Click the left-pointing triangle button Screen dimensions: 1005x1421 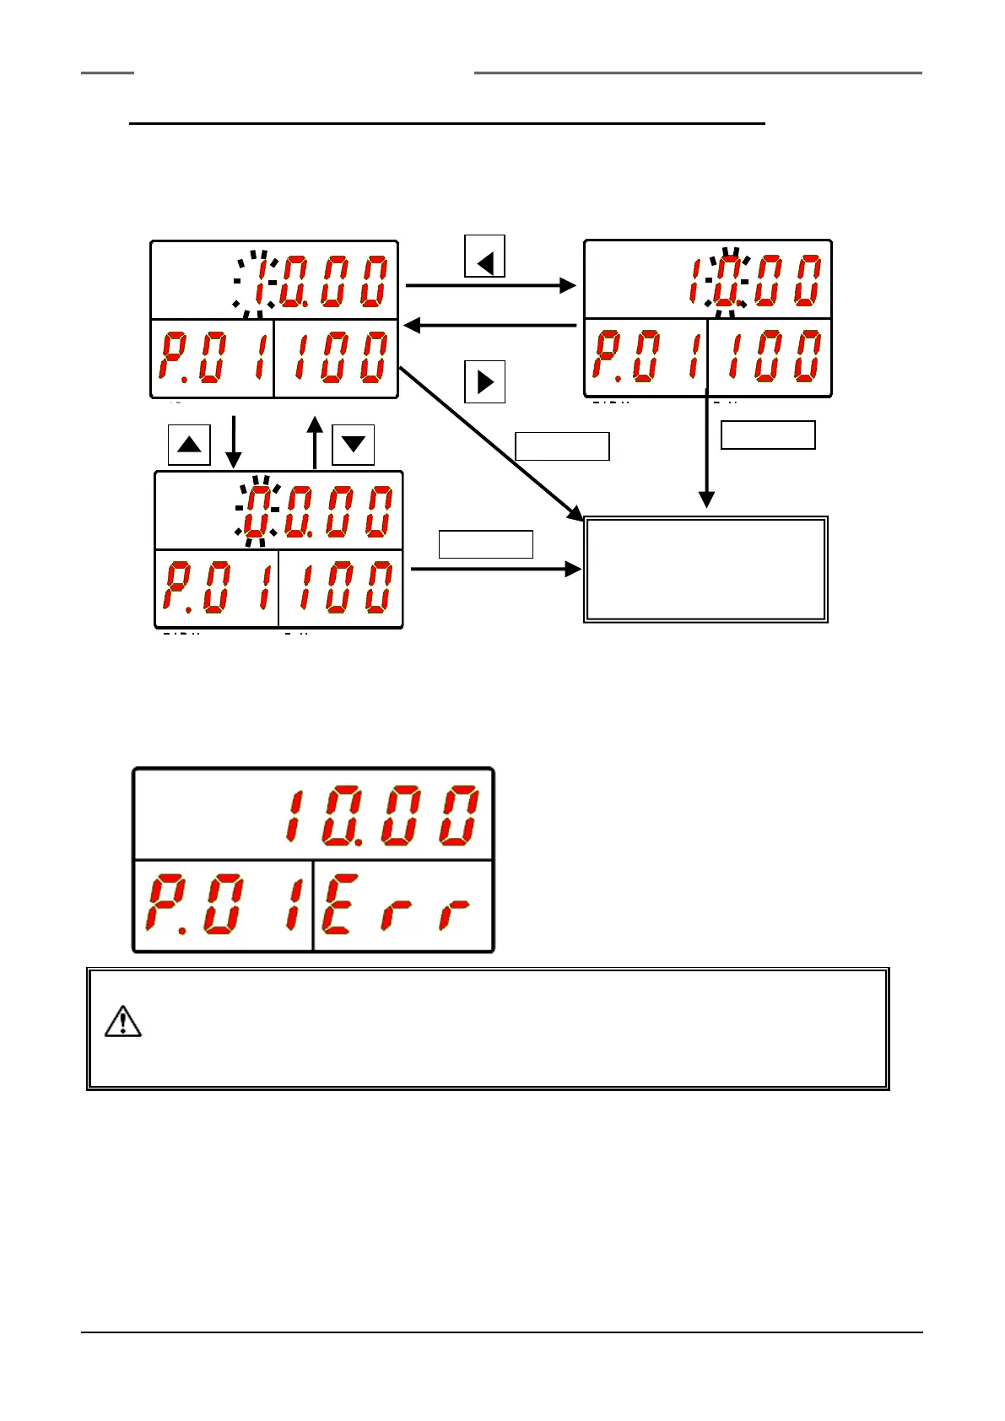[x=485, y=257]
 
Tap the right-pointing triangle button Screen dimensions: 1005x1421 [x=485, y=382]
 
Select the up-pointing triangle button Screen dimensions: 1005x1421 [x=189, y=445]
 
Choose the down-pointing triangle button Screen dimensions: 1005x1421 [x=353, y=445]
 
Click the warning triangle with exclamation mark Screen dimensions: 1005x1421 [x=122, y=1022]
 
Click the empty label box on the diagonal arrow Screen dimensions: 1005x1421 [x=562, y=446]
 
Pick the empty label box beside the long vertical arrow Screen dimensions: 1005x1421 [x=768, y=435]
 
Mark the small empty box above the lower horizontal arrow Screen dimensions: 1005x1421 [x=485, y=544]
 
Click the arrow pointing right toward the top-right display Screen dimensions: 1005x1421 [x=489, y=285]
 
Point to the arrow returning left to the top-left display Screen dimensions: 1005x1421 [x=489, y=326]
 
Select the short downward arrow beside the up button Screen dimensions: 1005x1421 [x=234, y=440]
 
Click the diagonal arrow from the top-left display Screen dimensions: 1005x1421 [x=489, y=444]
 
